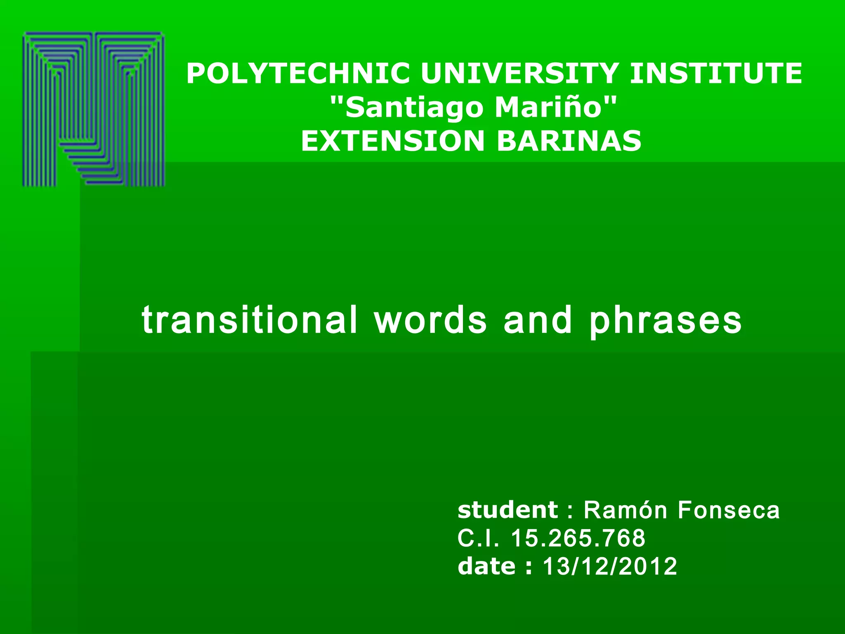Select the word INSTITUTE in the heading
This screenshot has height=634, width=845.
[716, 73]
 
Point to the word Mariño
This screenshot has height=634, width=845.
[549, 107]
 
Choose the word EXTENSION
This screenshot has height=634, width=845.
[392, 141]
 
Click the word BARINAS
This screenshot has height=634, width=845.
[569, 141]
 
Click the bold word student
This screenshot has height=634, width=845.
[508, 510]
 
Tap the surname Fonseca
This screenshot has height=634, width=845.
[729, 510]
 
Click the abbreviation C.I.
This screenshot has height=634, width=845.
[478, 538]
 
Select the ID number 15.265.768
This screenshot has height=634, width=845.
[578, 538]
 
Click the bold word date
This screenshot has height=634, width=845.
[486, 566]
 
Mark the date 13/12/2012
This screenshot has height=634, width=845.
[610, 566]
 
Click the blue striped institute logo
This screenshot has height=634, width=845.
[94, 109]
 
